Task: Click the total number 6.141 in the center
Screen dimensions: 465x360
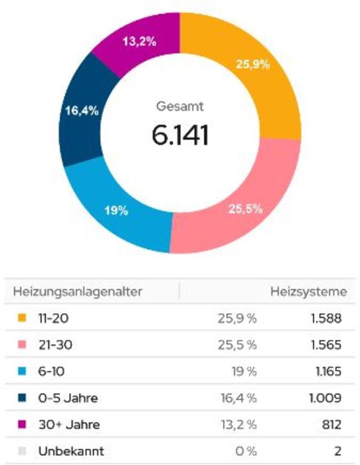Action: click(x=180, y=135)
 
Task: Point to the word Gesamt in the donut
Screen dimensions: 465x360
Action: click(x=180, y=107)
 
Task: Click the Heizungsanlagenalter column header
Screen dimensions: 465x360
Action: click(x=77, y=291)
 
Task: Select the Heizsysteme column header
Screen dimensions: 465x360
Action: click(x=308, y=291)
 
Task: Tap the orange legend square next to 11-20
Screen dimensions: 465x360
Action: click(x=22, y=318)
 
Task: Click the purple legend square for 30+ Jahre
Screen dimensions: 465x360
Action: click(x=22, y=424)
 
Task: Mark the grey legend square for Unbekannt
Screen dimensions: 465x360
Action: click(x=22, y=451)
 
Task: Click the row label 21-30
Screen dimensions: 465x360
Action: click(x=55, y=345)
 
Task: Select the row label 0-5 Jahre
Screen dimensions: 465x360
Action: click(x=68, y=398)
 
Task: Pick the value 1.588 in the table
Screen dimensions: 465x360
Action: click(x=326, y=318)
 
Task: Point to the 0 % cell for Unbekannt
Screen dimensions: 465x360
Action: click(x=246, y=451)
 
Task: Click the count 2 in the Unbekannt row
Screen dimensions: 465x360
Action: click(x=337, y=451)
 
